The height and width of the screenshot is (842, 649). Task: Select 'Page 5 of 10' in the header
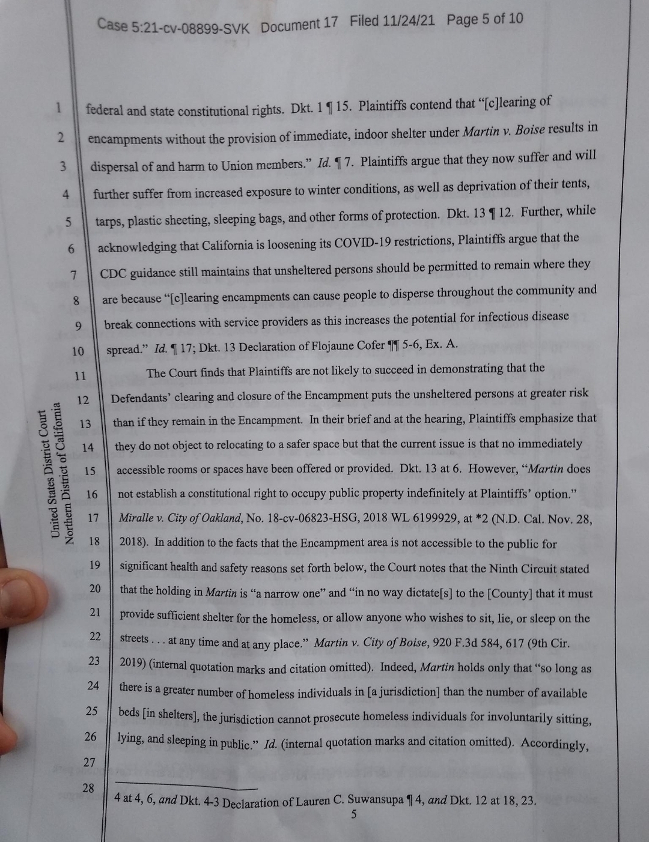(484, 19)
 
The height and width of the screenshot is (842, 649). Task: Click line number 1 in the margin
(58, 108)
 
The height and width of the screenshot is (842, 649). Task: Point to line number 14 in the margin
(88, 447)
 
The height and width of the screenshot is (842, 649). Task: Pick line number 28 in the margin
(88, 788)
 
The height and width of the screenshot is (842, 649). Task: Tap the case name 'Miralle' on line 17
(138, 517)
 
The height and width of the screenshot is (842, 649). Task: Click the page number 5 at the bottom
(354, 814)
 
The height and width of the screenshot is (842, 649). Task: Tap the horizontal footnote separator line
(186, 786)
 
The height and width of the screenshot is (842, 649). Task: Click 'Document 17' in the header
(299, 25)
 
